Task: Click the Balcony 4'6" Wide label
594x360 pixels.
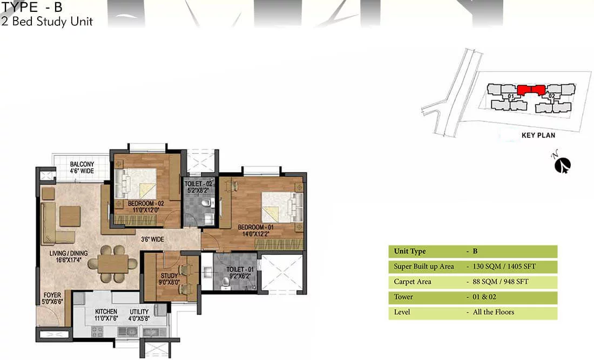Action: click(x=82, y=167)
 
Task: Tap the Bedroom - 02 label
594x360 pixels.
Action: click(x=146, y=206)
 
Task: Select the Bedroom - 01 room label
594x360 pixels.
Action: click(x=255, y=230)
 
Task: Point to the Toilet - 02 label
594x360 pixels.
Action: click(x=198, y=187)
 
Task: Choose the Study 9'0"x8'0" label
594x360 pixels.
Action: click(x=170, y=279)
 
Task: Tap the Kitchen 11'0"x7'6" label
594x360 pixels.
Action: click(x=106, y=315)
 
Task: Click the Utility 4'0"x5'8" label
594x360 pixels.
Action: click(x=139, y=315)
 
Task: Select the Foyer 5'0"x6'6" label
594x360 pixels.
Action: click(x=52, y=298)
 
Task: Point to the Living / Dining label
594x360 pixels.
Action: click(x=69, y=256)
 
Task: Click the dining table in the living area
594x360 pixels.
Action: click(x=113, y=263)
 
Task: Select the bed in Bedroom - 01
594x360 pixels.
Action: click(x=282, y=207)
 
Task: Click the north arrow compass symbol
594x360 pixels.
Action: click(x=563, y=164)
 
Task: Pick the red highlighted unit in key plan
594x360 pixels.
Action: click(x=531, y=90)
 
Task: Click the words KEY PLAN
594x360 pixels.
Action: click(x=538, y=135)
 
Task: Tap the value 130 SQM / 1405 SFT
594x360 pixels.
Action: click(x=504, y=266)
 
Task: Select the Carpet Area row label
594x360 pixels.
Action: click(x=412, y=282)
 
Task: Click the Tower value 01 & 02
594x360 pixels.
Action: click(x=484, y=297)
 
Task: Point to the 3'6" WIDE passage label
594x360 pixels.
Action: click(x=152, y=239)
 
